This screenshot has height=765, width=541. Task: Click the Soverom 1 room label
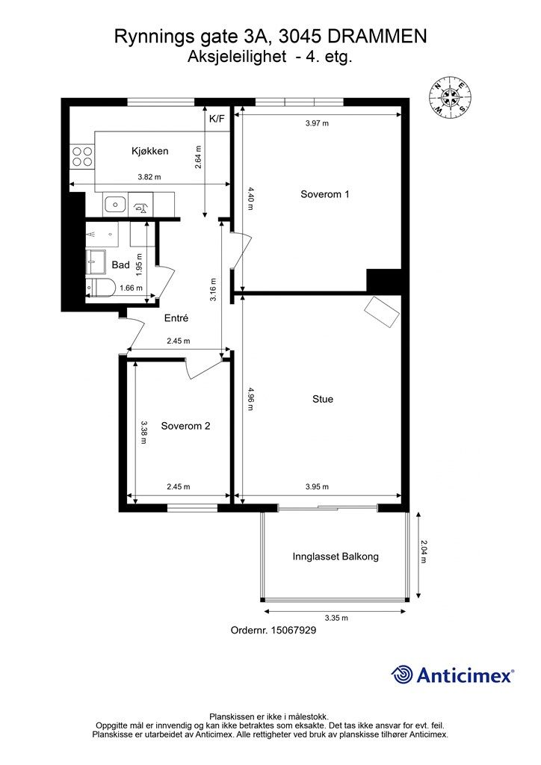(325, 194)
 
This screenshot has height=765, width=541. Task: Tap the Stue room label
(323, 399)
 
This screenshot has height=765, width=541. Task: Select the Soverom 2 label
(185, 427)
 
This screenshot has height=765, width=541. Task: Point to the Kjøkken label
(149, 151)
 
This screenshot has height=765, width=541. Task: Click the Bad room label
(120, 265)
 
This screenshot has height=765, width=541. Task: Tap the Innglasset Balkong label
(336, 557)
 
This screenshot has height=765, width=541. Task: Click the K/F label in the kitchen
(217, 119)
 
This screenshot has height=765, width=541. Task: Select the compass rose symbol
(449, 99)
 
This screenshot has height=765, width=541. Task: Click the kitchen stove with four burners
(82, 155)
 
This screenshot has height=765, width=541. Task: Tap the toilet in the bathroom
(100, 288)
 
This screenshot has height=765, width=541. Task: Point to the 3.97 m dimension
(318, 124)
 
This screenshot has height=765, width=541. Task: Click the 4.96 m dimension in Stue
(251, 398)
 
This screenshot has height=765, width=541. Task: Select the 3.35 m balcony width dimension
(336, 618)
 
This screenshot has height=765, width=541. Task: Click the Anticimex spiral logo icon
(402, 675)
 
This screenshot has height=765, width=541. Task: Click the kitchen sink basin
(114, 203)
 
